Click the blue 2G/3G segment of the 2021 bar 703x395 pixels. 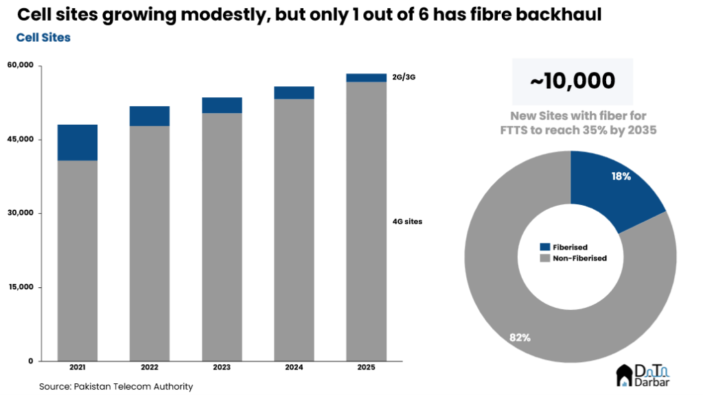point(77,143)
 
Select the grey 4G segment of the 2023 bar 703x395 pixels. point(222,237)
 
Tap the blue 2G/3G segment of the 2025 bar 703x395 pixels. point(366,77)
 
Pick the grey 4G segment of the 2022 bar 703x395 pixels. point(150,243)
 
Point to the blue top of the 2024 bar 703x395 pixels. point(294,93)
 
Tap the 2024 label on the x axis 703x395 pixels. point(294,368)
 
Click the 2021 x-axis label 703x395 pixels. point(77,368)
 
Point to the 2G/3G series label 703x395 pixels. point(404,77)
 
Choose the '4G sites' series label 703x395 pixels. point(407,222)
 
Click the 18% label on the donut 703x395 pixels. point(621,176)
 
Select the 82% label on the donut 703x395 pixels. point(520,337)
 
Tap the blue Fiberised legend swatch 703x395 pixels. point(545,247)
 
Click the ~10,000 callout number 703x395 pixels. point(572,81)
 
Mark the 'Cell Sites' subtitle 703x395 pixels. point(43,38)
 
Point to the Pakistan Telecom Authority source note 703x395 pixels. point(116,387)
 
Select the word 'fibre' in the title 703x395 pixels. point(485,15)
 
